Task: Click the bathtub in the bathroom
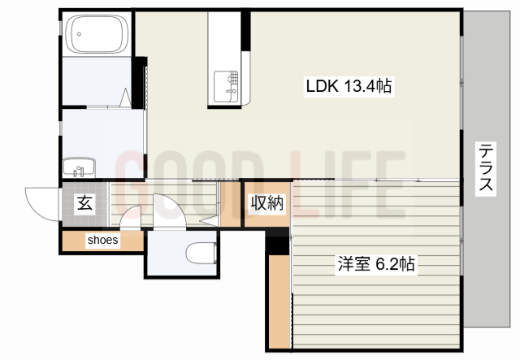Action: point(97,34)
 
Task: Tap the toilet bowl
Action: point(200,254)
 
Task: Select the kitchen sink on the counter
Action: point(226,87)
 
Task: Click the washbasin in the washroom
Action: point(80,167)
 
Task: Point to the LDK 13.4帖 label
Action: point(349,86)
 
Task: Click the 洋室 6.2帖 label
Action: point(376,264)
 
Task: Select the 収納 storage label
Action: point(267,202)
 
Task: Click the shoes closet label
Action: point(103,240)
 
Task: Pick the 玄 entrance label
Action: point(84,203)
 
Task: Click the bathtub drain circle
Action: point(79,34)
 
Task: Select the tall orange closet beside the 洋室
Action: point(279,301)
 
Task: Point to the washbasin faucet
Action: point(78,171)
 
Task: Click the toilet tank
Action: point(215,254)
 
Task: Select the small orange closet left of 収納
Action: point(231,205)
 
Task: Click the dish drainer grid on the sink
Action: point(233,78)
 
